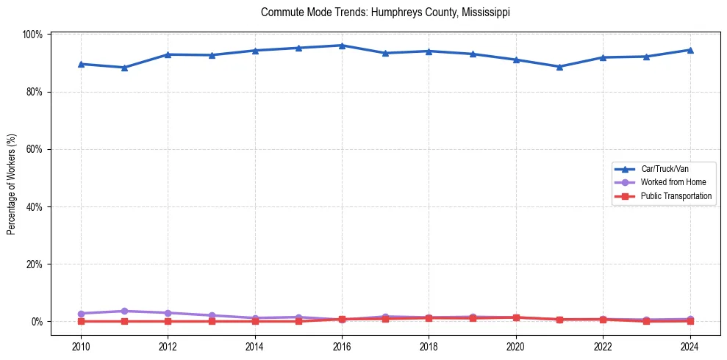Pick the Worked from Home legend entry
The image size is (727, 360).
tap(670, 182)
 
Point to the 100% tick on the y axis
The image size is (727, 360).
tap(33, 35)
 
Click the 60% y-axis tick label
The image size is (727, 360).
tap(35, 149)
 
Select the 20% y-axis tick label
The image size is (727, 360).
tap(35, 264)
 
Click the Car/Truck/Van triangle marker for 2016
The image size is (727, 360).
tap(342, 46)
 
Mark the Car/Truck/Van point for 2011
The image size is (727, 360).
tap(125, 68)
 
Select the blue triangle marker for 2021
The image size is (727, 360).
tap(559, 67)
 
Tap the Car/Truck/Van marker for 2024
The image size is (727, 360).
tap(690, 50)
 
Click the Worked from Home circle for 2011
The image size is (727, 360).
tap(125, 312)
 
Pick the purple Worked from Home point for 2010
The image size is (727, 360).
tap(81, 314)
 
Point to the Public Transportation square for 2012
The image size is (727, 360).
tap(168, 321)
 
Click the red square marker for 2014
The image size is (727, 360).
tap(255, 321)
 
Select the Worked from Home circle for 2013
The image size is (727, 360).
tap(212, 315)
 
